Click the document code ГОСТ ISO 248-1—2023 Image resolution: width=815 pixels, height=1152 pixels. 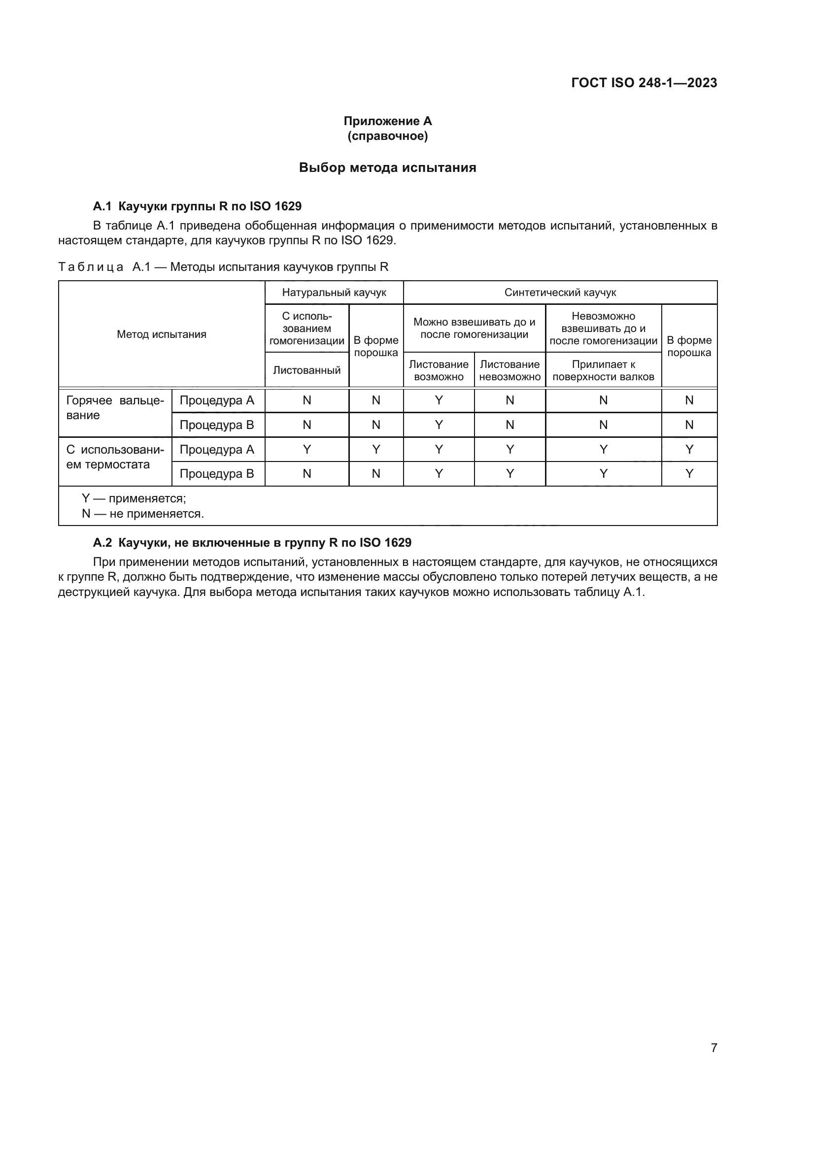pyautogui.click(x=644, y=83)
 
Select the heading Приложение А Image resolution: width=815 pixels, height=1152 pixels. pyautogui.click(x=387, y=121)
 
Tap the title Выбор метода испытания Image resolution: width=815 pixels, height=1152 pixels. pyautogui.click(x=387, y=167)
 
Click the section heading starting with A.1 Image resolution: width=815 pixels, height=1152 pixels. pyautogui.click(x=197, y=206)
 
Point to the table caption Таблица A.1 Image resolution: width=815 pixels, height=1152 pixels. pyautogui.click(x=223, y=266)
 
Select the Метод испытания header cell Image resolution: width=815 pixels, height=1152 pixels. pyautogui.click(x=162, y=334)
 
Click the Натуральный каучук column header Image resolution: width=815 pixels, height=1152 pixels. pyautogui.click(x=334, y=293)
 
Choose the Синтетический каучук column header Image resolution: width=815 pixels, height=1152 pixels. pyautogui.click(x=560, y=293)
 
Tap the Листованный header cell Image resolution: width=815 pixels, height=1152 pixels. pyautogui.click(x=306, y=370)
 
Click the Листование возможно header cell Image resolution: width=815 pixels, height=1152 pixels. pyautogui.click(x=439, y=370)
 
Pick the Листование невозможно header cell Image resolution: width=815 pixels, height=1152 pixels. pyautogui.click(x=510, y=370)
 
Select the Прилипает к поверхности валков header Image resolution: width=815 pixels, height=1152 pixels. pyautogui.click(x=603, y=370)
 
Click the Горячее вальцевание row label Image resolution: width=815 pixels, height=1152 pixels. pyautogui.click(x=115, y=408)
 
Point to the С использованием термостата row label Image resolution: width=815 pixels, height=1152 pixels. pyautogui.click(x=115, y=457)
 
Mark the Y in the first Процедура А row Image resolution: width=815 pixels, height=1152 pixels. pyautogui.click(x=439, y=400)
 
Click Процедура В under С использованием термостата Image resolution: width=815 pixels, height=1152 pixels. pyautogui.click(x=217, y=474)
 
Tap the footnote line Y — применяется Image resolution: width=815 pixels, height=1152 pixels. pyautogui.click(x=134, y=499)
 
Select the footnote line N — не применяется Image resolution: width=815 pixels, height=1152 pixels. pyautogui.click(x=143, y=514)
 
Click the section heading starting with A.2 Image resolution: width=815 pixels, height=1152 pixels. pyautogui.click(x=252, y=542)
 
